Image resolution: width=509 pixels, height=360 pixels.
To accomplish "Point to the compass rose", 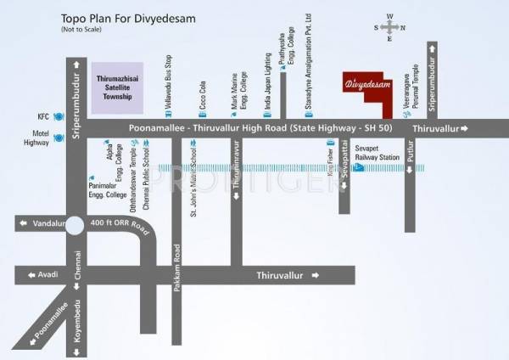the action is point(390,27).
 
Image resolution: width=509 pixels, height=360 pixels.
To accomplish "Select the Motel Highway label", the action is point(36,139).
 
